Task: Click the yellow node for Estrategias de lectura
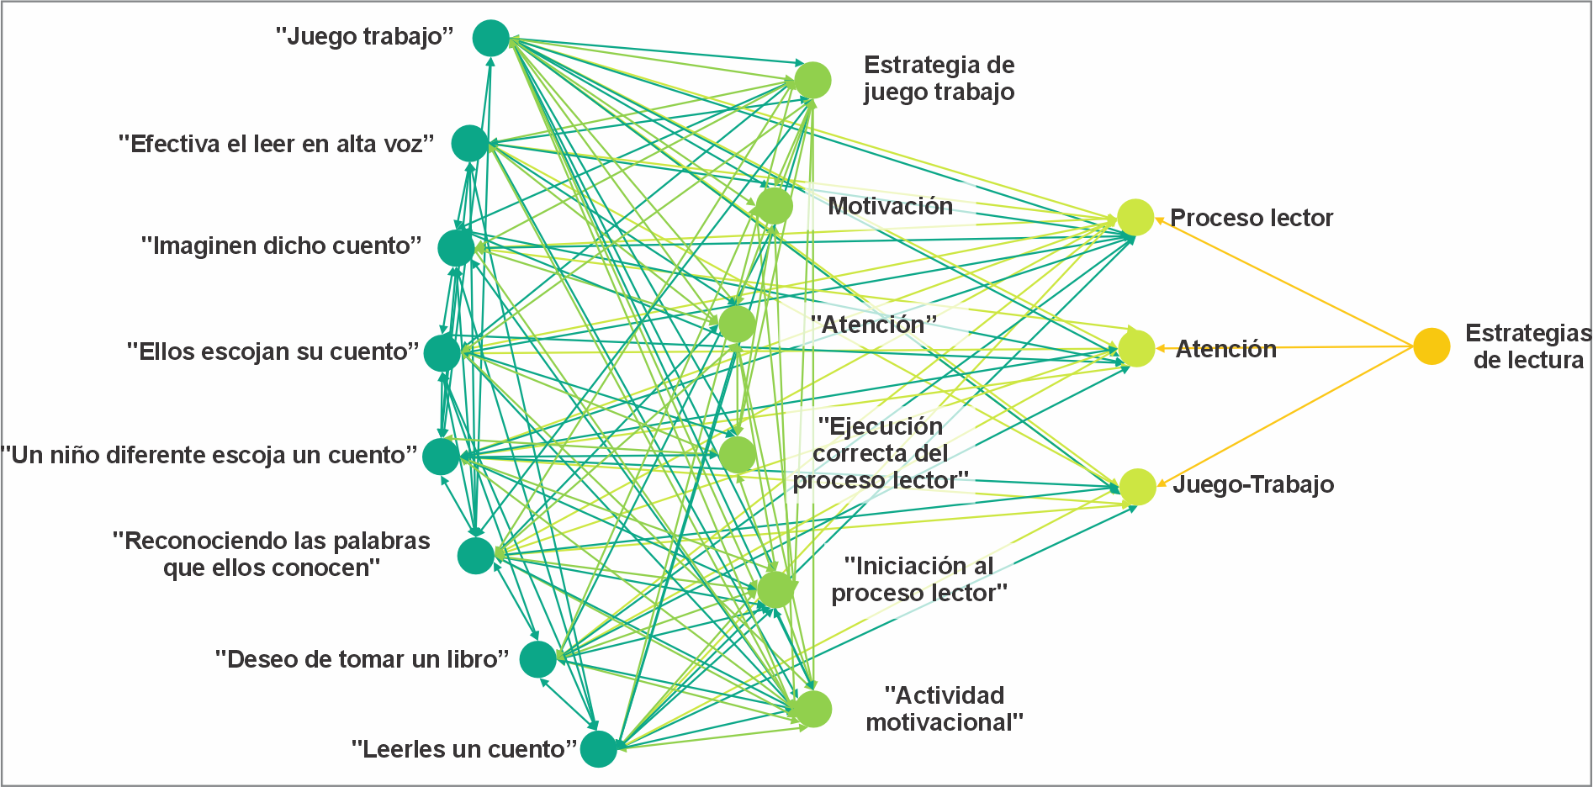[1431, 346]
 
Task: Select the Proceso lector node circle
[1135, 218]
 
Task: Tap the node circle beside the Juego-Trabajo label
[1137, 487]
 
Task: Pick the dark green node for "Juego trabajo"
[491, 38]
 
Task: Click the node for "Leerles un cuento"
[598, 749]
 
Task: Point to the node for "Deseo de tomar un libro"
[537, 659]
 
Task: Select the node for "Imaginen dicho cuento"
[456, 248]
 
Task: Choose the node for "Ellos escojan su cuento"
[442, 353]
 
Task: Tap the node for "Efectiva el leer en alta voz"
[469, 144]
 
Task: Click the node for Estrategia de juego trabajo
[812, 81]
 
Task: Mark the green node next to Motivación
[774, 206]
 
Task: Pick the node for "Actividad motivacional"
[813, 709]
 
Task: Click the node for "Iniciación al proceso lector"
[775, 589]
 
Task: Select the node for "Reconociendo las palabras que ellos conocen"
[475, 556]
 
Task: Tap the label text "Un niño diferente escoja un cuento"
[209, 456]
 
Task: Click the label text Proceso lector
[1251, 219]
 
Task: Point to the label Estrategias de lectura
[1527, 346]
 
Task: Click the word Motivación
[890, 207]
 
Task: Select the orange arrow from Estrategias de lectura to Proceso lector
[1287, 283]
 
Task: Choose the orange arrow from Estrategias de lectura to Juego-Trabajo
[1287, 415]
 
